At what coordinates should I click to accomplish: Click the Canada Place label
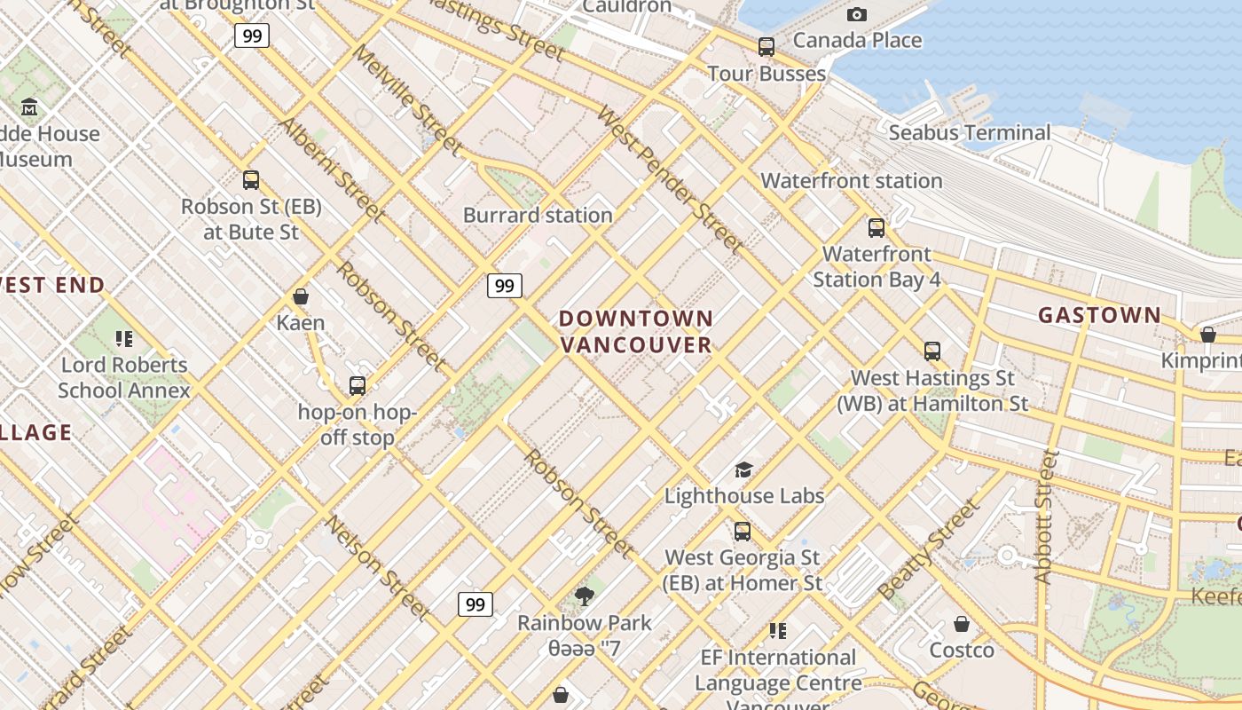point(857,40)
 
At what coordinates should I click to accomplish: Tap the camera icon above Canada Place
point(856,14)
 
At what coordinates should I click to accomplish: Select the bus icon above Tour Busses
point(766,46)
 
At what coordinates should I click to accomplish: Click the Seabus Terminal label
point(970,133)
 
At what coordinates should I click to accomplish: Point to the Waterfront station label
point(852,181)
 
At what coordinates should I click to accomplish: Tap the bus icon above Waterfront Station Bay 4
point(876,227)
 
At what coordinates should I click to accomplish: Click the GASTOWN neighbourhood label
point(1099,315)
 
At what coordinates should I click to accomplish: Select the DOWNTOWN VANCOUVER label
point(636,332)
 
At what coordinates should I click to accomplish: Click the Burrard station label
point(538,216)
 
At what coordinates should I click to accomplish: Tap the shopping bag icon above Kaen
point(301,296)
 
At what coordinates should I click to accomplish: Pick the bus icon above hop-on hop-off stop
point(358,385)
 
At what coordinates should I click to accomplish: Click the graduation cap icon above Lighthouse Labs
point(743,469)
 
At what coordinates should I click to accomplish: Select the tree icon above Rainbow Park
point(584,596)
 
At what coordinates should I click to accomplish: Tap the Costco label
point(962,651)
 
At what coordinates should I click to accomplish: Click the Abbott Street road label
point(1046,517)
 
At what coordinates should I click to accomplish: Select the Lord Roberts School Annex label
point(124,378)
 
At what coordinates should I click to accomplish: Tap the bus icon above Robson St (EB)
point(251,180)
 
